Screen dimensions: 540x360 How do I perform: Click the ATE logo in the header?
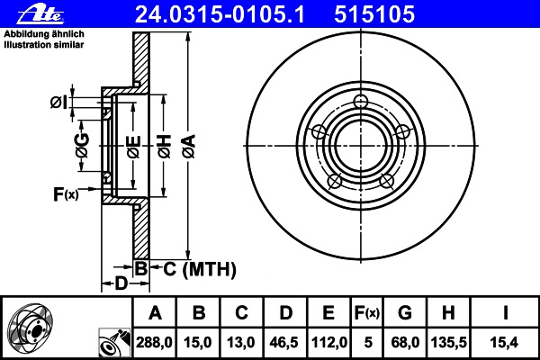click(x=40, y=15)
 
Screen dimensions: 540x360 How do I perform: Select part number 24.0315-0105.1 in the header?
click(x=220, y=14)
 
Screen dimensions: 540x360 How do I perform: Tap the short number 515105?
click(x=374, y=14)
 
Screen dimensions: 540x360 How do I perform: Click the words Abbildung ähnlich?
click(x=44, y=34)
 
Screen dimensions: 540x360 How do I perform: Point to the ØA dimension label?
click(x=189, y=147)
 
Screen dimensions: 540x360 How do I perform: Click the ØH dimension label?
click(x=165, y=147)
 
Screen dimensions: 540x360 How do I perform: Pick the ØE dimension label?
click(x=133, y=147)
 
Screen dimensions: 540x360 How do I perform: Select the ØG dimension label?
click(x=83, y=146)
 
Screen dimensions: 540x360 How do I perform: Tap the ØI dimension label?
click(x=58, y=103)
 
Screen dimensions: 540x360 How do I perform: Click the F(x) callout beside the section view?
click(x=66, y=194)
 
